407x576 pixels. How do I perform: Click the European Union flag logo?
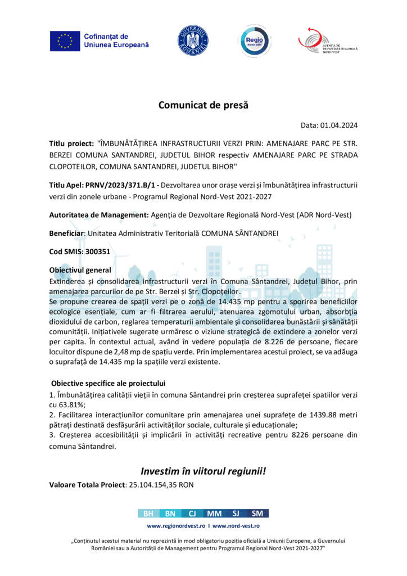[x=65, y=40]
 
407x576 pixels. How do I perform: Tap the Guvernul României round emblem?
[x=193, y=40]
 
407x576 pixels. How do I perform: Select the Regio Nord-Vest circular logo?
[x=255, y=40]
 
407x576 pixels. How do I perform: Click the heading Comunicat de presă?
[x=203, y=105]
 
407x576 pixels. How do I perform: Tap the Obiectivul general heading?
[x=80, y=270]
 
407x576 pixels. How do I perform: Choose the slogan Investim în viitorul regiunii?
[x=203, y=471]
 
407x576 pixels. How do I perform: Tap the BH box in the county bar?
[x=148, y=513]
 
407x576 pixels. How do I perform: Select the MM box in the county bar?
[x=214, y=513]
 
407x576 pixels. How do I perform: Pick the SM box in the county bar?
[x=257, y=513]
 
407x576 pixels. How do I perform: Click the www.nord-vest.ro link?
[x=236, y=525]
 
